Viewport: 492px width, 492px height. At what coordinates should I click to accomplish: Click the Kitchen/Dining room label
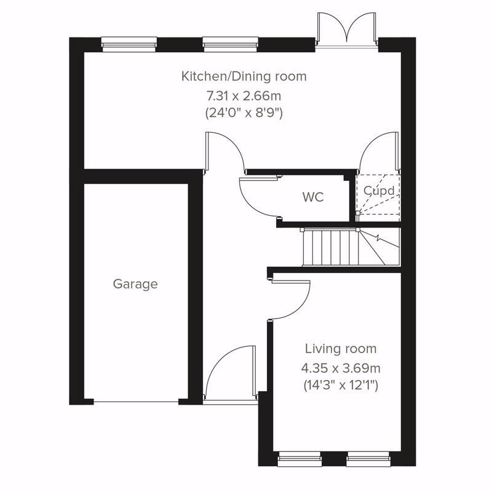[x=244, y=77]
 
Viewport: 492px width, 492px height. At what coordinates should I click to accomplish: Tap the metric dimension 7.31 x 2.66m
[x=244, y=95]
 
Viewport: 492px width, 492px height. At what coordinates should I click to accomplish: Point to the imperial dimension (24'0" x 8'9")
[x=244, y=113]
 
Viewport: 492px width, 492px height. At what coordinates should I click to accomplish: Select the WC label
[x=312, y=197]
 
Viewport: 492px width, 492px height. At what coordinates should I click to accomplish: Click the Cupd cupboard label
[x=378, y=191]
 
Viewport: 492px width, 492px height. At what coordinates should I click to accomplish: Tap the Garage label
[x=135, y=284]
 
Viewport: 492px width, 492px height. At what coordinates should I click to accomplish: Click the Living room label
[x=341, y=349]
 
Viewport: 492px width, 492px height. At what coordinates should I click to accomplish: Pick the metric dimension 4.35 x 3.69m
[x=341, y=368]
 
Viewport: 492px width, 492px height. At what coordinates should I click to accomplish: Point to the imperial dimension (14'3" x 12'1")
[x=341, y=386]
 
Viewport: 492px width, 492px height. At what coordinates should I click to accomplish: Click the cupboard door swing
[x=376, y=154]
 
